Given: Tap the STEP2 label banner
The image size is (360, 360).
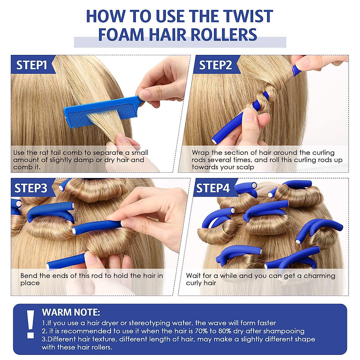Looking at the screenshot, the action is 217,64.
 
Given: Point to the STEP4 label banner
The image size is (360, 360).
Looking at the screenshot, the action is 215,187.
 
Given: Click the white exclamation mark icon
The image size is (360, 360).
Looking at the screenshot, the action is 31,324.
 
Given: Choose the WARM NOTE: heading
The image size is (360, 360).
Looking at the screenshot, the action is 71,312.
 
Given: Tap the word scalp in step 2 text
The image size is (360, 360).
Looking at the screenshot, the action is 245,167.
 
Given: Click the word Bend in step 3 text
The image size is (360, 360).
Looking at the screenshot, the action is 29,276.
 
